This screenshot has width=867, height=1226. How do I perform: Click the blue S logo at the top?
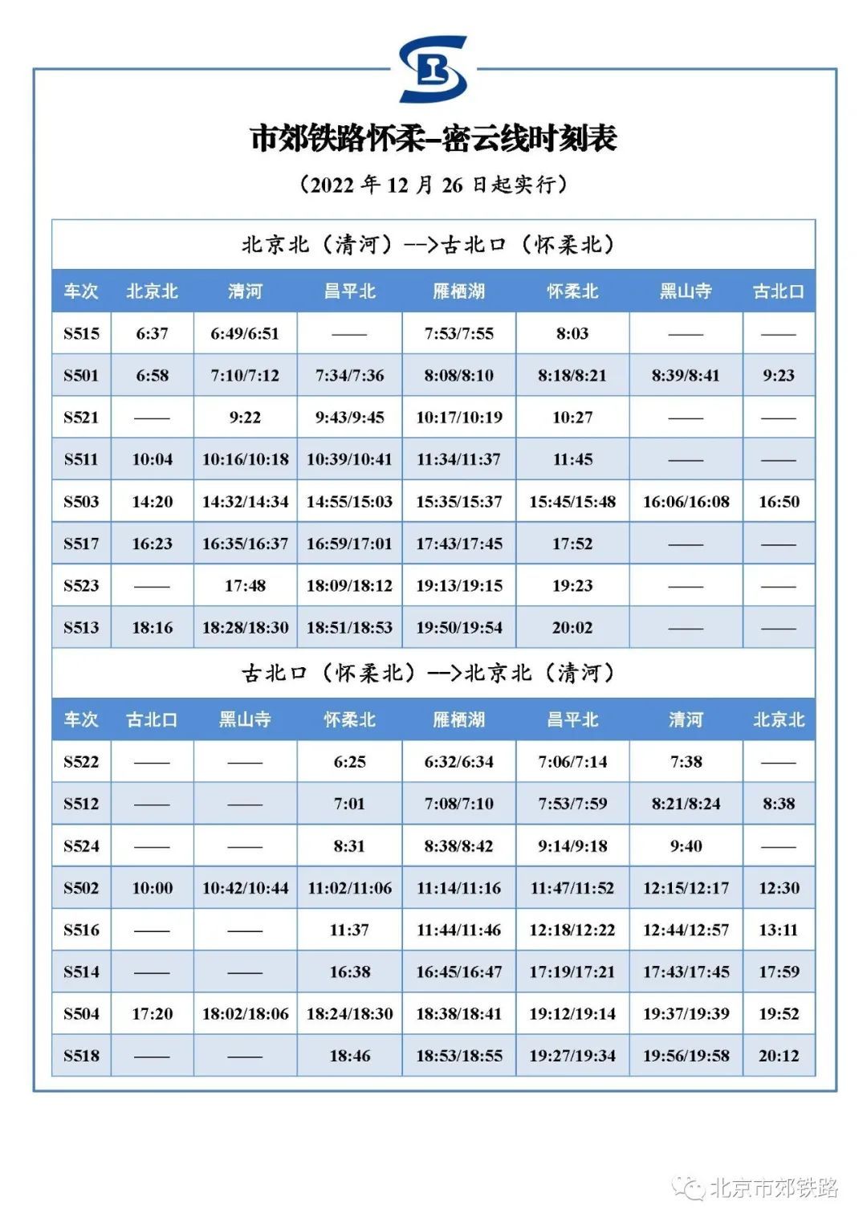pos(433,69)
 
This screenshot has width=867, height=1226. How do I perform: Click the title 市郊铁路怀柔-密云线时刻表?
pos(433,138)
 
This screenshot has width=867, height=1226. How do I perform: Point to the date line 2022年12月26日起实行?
pos(433,185)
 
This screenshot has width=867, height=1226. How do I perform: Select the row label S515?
pos(81,333)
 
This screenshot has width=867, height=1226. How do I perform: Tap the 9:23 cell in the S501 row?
pos(779,376)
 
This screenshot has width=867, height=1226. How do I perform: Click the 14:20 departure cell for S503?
pos(152,502)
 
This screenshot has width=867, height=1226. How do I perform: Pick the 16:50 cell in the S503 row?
pos(779,502)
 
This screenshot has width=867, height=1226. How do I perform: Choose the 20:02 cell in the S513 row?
pos(572,628)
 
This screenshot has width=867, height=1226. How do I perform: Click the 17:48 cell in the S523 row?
pos(245,586)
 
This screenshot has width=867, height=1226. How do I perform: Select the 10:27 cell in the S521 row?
pos(572,417)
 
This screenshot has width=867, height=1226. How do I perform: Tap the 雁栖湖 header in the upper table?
pos(458,291)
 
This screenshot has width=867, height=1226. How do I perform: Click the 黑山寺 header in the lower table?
pos(245,719)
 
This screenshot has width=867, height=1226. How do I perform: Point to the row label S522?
pos(81,762)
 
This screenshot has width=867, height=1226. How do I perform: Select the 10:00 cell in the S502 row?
pos(152,888)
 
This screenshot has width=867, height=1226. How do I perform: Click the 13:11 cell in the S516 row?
pos(779,930)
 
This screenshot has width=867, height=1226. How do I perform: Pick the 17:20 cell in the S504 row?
pos(152,1014)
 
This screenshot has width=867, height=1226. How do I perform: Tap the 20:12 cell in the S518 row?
pos(779,1056)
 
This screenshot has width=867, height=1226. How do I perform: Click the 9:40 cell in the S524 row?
pos(686,846)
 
